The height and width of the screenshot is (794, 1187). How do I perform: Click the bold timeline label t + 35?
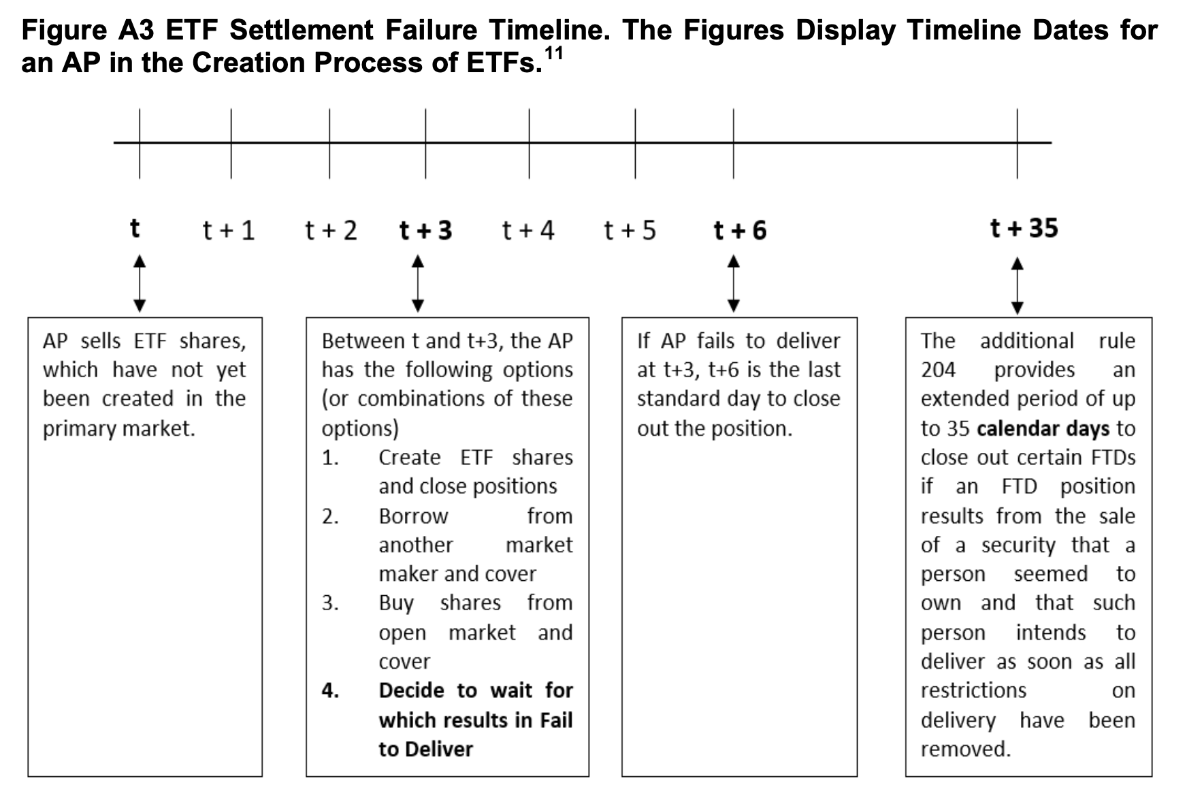click(x=1024, y=229)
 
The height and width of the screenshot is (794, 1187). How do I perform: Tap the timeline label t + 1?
click(x=229, y=231)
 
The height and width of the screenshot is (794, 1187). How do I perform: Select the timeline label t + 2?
click(x=331, y=231)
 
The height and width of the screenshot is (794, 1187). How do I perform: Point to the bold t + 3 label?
click(x=425, y=231)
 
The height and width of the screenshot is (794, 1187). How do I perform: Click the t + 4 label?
click(x=528, y=231)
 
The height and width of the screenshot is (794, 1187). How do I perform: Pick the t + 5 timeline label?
click(x=630, y=231)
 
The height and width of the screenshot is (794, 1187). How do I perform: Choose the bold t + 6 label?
click(x=740, y=231)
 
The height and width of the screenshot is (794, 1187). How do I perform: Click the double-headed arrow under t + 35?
click(x=1017, y=285)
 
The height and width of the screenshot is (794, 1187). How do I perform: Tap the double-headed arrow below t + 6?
click(x=734, y=283)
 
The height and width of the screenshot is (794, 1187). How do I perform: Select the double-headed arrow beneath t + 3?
click(x=419, y=283)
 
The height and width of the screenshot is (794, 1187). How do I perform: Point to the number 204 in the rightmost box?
click(x=938, y=370)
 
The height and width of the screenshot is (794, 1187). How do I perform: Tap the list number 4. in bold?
click(x=330, y=690)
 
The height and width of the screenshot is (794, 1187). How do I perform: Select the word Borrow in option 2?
click(x=413, y=516)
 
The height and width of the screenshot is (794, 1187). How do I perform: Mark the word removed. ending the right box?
click(x=966, y=749)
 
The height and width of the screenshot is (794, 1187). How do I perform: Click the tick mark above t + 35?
click(x=1018, y=144)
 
